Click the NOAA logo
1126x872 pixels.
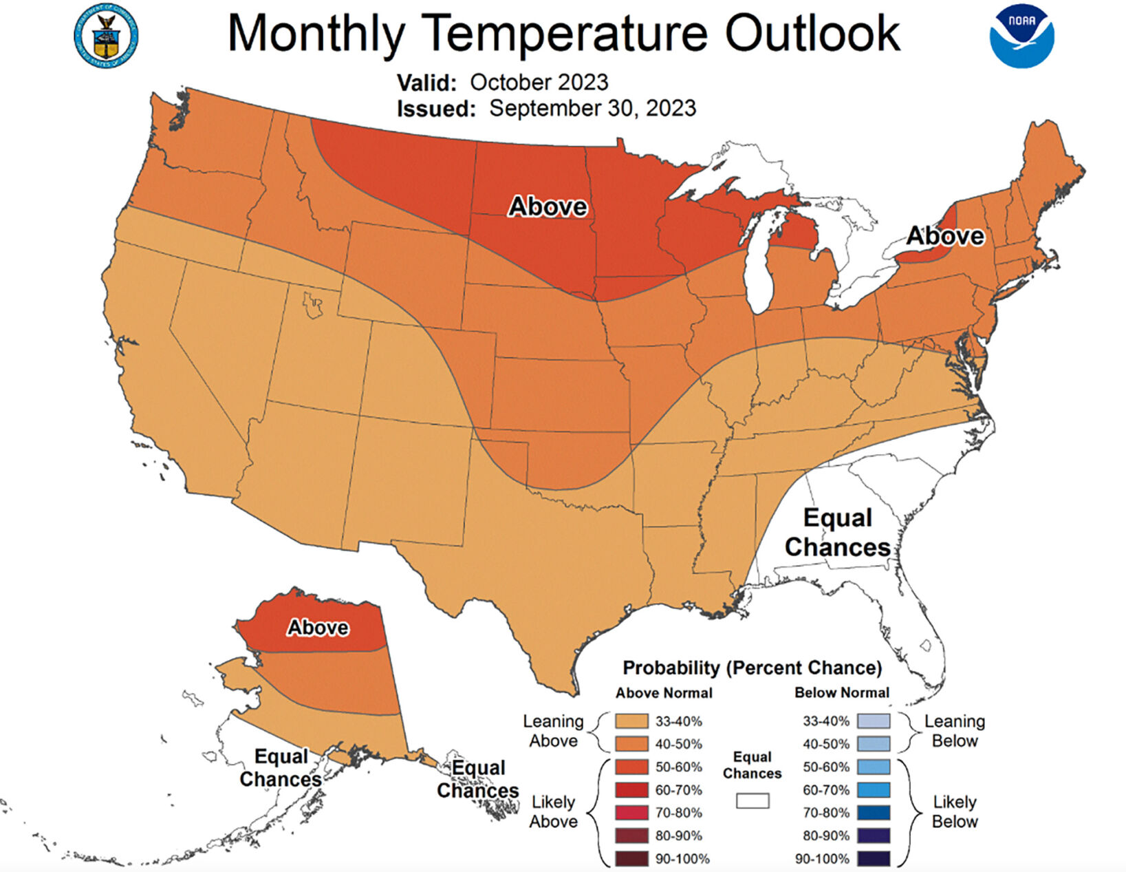(x=1021, y=37)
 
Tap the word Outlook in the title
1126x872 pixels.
(x=812, y=32)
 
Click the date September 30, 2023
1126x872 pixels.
(x=592, y=108)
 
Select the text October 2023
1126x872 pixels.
(x=539, y=83)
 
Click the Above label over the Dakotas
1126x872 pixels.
(x=548, y=206)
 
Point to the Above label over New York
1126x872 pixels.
(x=945, y=236)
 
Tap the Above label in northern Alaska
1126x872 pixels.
(x=318, y=628)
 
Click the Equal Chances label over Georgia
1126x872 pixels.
(x=837, y=533)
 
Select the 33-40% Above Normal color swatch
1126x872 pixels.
(x=631, y=721)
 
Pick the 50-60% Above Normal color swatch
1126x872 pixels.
(x=631, y=767)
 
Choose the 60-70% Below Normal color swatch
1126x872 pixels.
(x=874, y=790)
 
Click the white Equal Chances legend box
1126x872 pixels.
(x=753, y=801)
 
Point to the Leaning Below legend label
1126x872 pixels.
(x=954, y=731)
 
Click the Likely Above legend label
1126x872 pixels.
(x=553, y=811)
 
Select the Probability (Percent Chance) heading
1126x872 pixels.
(x=752, y=668)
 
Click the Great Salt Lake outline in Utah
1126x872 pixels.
(x=313, y=304)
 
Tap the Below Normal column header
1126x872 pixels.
(x=841, y=693)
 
